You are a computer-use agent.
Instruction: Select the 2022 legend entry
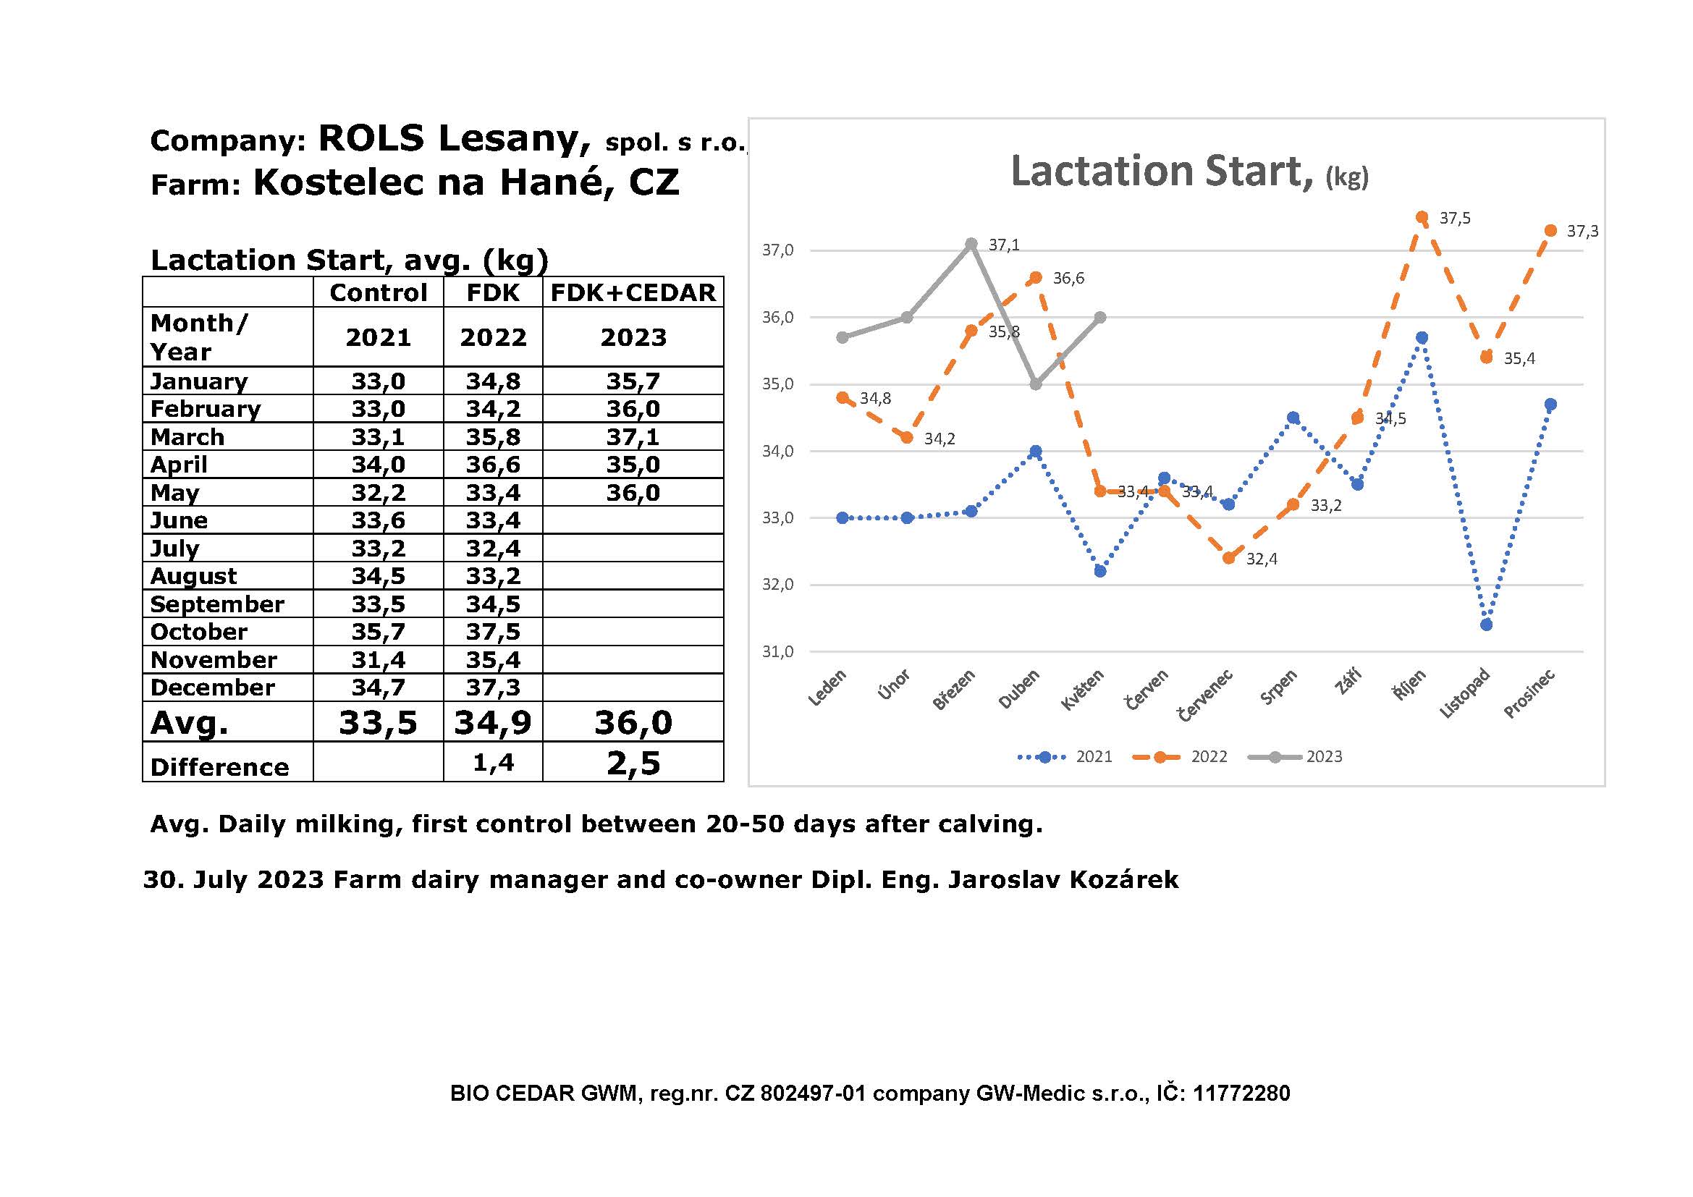pos(1180,756)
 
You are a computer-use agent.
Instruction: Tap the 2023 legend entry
pos(1295,756)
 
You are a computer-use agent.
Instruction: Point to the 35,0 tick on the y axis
pos(778,384)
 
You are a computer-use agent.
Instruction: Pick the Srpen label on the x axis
pos(1278,687)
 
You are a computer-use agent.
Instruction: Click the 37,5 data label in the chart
pos(1455,218)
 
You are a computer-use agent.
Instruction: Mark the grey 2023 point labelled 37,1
pos(971,244)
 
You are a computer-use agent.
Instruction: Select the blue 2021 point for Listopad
pos(1486,625)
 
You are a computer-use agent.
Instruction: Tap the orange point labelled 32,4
pos(1228,558)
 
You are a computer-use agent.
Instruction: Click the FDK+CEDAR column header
pos(633,292)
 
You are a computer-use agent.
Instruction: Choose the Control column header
pos(379,292)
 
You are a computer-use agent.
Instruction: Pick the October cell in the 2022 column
pos(493,632)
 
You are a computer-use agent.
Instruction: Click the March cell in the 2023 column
pos(633,437)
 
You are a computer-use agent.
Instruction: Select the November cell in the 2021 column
pos(379,660)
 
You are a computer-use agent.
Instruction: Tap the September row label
pos(217,604)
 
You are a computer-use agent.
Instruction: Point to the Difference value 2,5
pos(633,763)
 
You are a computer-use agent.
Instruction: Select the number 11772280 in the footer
pos(1242,1093)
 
